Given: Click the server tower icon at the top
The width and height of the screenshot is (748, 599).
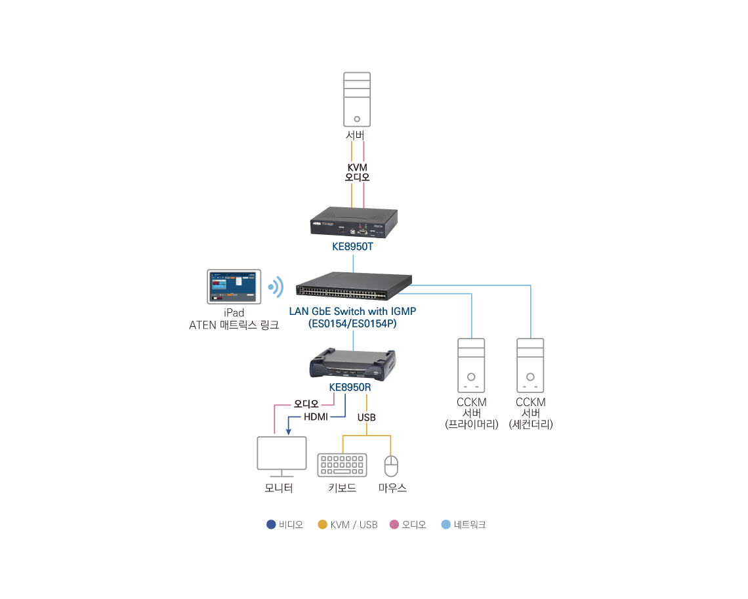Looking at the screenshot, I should (357, 99).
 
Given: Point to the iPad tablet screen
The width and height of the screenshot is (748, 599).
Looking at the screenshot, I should (234, 287).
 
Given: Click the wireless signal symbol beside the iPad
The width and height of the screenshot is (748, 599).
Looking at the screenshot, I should (276, 287).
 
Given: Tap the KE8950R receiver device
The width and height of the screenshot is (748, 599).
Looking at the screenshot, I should (354, 364).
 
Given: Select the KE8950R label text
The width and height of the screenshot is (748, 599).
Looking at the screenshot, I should (350, 387).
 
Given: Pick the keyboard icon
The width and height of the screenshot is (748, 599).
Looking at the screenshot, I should (343, 465).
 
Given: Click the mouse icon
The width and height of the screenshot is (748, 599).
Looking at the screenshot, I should (391, 466).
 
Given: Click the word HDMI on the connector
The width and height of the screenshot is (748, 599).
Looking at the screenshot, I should (316, 417).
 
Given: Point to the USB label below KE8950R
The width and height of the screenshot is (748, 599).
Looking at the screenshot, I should (367, 417).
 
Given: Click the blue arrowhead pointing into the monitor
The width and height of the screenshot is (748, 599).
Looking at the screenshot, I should (289, 430).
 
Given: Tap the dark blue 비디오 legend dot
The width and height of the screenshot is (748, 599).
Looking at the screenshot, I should (271, 525).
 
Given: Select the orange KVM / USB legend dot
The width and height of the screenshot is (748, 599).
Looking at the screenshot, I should (322, 525).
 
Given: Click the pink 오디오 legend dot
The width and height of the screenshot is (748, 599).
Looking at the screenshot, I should (394, 525).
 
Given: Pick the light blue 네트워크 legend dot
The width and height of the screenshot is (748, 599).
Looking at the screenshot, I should (446, 525).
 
